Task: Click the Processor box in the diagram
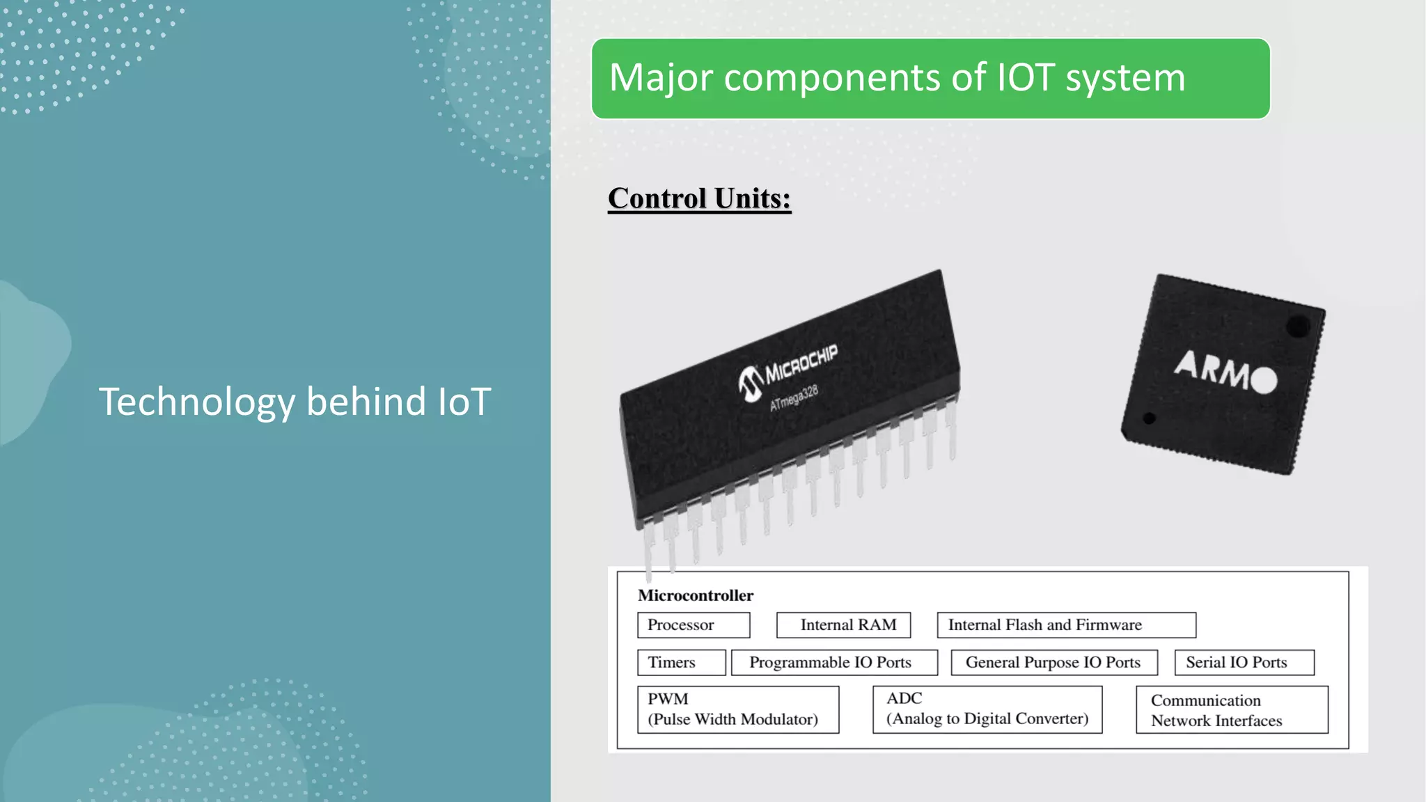tap(694, 625)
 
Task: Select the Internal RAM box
tap(843, 625)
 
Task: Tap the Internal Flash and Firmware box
tap(1066, 625)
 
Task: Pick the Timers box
tap(681, 663)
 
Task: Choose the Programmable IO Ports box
tap(834, 663)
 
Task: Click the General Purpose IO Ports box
tap(1054, 663)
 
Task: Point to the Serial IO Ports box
tap(1244, 663)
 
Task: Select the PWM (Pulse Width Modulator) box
tap(738, 709)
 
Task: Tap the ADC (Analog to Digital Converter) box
tap(987, 709)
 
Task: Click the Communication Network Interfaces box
tap(1232, 710)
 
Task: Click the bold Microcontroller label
tap(696, 595)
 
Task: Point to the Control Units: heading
tap(699, 198)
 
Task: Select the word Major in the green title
tap(661, 77)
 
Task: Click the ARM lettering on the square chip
tap(1212, 369)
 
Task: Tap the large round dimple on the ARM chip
tap(1298, 326)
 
